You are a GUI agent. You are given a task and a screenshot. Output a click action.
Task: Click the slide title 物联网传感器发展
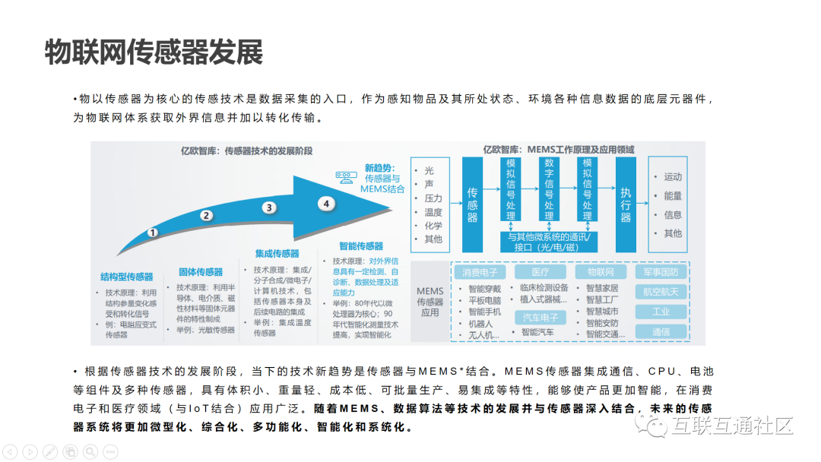tap(154, 52)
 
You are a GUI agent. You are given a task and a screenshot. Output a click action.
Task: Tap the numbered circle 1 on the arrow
tap(153, 232)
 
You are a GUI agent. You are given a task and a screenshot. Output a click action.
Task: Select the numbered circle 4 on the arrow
tap(326, 204)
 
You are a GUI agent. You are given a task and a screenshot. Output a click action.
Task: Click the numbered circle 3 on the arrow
tap(268, 207)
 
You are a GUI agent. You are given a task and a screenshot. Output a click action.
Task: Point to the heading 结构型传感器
tap(127, 277)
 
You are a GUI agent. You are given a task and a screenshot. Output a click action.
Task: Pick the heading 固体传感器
tap(201, 272)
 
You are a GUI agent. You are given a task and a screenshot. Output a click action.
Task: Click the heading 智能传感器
tap(360, 246)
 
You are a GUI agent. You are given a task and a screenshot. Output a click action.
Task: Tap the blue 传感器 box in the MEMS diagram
tap(472, 204)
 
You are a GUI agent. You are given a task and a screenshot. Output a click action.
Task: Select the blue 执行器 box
tap(626, 204)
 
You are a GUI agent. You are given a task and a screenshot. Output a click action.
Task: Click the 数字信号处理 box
tap(549, 189)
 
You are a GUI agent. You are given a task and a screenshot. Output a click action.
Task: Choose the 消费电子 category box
tap(480, 272)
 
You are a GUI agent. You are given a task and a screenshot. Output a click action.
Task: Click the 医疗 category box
tap(540, 272)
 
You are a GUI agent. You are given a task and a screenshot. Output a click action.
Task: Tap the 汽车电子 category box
tap(540, 317)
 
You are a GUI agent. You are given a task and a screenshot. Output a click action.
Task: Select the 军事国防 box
tap(661, 272)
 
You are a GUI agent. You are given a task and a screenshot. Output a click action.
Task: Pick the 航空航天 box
tap(661, 292)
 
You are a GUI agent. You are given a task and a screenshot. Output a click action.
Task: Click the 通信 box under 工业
tap(661, 332)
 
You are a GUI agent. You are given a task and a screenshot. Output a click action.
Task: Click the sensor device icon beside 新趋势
tap(347, 178)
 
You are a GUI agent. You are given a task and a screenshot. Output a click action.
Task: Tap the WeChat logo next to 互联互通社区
tap(652, 426)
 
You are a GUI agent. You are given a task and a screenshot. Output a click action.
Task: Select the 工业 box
tap(661, 312)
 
